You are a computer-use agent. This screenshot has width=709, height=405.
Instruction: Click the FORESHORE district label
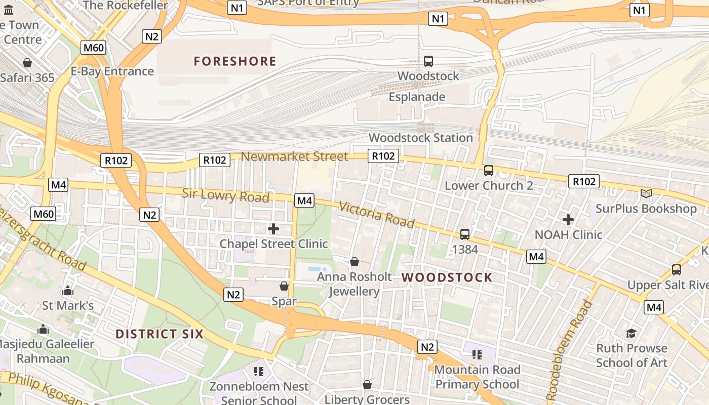pyautogui.click(x=235, y=61)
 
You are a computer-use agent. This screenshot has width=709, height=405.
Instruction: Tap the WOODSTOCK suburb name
pyautogui.click(x=447, y=277)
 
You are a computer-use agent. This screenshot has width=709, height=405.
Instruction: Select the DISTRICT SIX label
pyautogui.click(x=160, y=334)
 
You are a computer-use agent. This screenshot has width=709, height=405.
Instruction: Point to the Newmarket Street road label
pyautogui.click(x=294, y=156)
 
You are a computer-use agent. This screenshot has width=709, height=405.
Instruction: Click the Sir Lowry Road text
pyautogui.click(x=225, y=195)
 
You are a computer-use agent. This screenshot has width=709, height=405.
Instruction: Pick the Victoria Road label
pyautogui.click(x=376, y=215)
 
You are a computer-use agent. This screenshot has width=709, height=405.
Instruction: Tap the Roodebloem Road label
pyautogui.click(x=569, y=350)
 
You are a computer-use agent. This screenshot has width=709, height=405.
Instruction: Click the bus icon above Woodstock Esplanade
pyautogui.click(x=428, y=61)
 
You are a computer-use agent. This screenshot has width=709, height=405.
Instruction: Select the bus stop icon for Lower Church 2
pyautogui.click(x=489, y=171)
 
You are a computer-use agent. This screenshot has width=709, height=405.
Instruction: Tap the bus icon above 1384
pyautogui.click(x=465, y=234)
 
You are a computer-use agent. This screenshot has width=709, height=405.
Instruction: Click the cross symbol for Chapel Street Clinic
pyautogui.click(x=273, y=229)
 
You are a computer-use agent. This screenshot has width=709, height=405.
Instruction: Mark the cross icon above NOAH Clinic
pyautogui.click(x=568, y=220)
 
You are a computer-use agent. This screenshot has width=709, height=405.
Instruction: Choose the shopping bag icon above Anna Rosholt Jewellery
pyautogui.click(x=354, y=262)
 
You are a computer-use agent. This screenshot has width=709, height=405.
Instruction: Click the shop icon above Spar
pyautogui.click(x=284, y=286)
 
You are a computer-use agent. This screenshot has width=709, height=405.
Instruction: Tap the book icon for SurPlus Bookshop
pyautogui.click(x=646, y=193)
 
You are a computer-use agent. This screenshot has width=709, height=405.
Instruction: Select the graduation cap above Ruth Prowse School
pyautogui.click(x=631, y=333)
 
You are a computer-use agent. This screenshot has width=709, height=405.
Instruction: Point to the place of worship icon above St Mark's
pyautogui.click(x=68, y=291)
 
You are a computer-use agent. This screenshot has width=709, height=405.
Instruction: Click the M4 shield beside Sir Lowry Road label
pyautogui.click(x=304, y=200)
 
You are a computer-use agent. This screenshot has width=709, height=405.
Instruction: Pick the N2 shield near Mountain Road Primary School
pyautogui.click(x=427, y=347)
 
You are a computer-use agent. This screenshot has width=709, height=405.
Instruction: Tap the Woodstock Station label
pyautogui.click(x=420, y=138)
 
